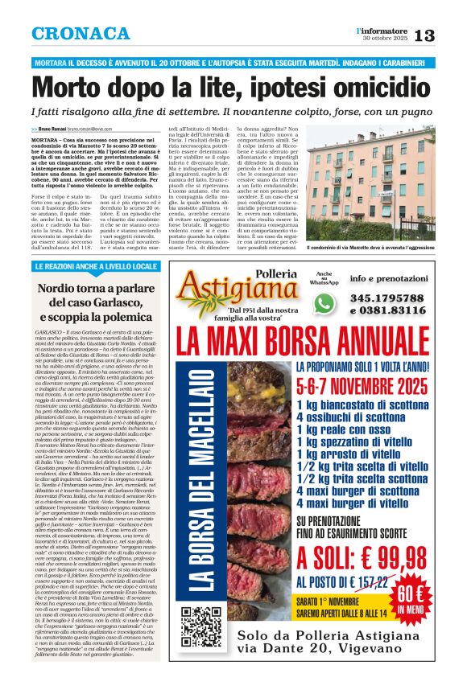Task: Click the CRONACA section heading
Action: pyautogui.click(x=81, y=34)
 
